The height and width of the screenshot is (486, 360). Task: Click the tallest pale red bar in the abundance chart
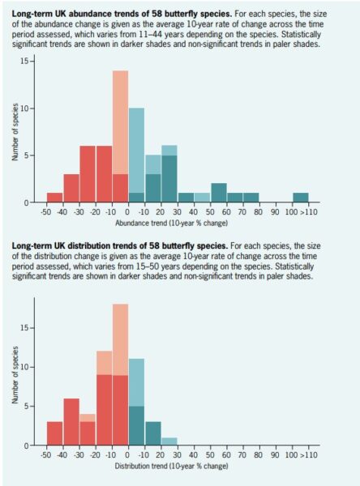coord(120,122)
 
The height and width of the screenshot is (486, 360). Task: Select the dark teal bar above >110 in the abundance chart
coord(301,198)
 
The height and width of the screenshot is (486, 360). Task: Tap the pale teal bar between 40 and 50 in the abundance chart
coord(202,198)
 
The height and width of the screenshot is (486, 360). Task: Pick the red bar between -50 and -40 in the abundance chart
coord(54,198)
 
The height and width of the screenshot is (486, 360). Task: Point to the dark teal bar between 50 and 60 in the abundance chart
coord(218,193)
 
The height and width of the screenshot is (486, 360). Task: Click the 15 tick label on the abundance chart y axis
coord(24,61)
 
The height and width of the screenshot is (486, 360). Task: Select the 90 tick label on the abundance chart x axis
coord(275,212)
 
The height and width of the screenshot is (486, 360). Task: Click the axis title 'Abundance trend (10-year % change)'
coord(171,223)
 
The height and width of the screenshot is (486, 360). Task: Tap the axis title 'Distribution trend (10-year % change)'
coord(171,466)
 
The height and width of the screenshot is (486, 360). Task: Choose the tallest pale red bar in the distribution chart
coord(120,339)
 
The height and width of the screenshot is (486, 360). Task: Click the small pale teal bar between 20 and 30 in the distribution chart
coord(169,441)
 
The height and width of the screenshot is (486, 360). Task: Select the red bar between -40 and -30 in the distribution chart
coord(71,422)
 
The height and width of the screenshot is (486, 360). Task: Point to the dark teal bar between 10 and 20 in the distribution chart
coord(153,433)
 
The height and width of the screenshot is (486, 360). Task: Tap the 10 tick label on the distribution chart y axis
coord(24,367)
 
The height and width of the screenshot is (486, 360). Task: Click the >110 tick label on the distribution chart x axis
coord(308,455)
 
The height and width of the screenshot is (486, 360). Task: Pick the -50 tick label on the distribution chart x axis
coord(46,455)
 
